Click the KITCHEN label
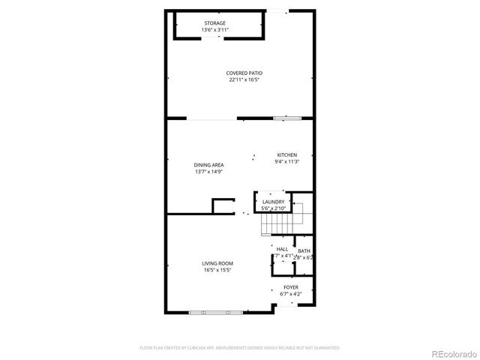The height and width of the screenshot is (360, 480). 287,155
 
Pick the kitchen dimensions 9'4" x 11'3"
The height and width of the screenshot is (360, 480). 287,161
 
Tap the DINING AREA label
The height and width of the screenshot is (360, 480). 209,165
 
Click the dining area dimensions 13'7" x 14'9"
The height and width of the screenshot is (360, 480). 209,172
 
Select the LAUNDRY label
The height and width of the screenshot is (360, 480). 273,202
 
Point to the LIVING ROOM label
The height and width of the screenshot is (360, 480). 217,263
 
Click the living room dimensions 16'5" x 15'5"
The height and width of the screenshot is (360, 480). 217,270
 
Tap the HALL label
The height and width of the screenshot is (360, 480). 282,249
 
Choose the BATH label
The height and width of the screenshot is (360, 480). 304,251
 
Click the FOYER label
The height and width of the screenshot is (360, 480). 290,287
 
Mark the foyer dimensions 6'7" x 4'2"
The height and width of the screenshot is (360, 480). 290,294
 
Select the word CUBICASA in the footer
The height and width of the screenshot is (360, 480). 206,348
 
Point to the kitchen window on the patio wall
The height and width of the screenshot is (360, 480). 288,118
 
